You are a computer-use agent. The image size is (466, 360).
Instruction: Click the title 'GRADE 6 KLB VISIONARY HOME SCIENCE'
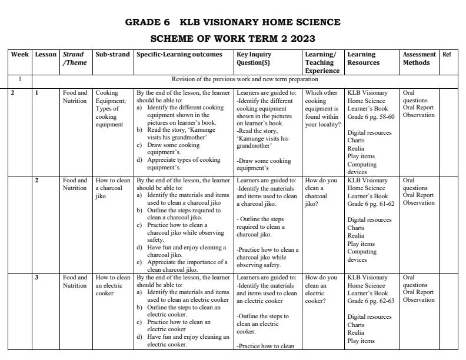click(x=232, y=22)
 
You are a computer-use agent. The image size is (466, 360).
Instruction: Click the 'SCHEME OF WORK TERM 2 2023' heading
click(x=232, y=39)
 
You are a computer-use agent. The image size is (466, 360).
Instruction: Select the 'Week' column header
click(x=20, y=55)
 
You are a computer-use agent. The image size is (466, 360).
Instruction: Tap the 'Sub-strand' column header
click(x=112, y=55)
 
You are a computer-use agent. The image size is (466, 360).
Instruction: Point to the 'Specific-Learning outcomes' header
click(x=179, y=55)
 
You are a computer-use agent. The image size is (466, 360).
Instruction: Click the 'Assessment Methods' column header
click(x=419, y=58)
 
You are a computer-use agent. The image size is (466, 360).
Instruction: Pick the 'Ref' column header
click(x=447, y=55)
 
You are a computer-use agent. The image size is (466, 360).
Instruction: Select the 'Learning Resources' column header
click(x=364, y=58)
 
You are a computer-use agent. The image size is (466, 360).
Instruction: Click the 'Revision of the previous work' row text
click(x=245, y=79)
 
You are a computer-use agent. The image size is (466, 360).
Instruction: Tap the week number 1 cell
click(x=20, y=79)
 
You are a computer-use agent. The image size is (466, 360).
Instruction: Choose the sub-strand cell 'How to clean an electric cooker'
click(x=112, y=285)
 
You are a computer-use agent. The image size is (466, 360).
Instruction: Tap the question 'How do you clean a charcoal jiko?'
click(x=321, y=192)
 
